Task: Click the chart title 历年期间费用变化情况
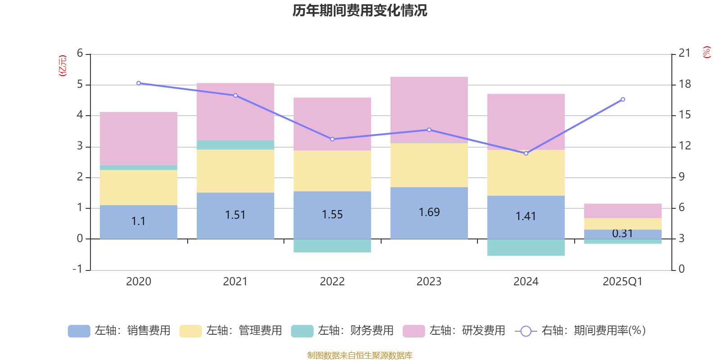(360, 10)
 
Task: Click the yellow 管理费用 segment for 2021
(235, 171)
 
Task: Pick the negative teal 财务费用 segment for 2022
(332, 246)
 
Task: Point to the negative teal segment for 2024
(526, 247)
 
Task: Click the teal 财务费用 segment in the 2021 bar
(235, 145)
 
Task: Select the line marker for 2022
(333, 139)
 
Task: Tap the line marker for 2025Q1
(623, 99)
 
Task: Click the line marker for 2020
(139, 83)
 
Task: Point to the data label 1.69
(429, 212)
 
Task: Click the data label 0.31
(622, 234)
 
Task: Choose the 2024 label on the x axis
(526, 282)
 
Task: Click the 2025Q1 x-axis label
(622, 282)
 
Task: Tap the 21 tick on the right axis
(684, 53)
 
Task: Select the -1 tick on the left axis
(78, 269)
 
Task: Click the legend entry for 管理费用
(230, 331)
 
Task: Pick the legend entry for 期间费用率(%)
(580, 331)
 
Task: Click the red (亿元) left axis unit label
(63, 66)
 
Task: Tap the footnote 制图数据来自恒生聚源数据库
(360, 355)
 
